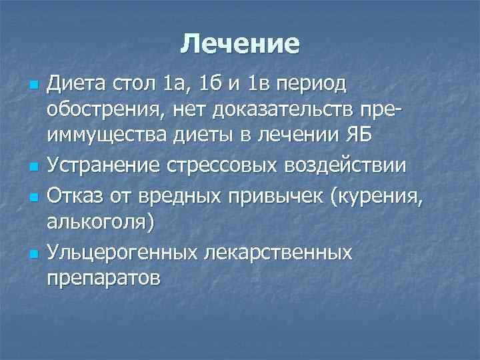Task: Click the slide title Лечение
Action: click(240, 45)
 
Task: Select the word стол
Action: click(135, 86)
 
